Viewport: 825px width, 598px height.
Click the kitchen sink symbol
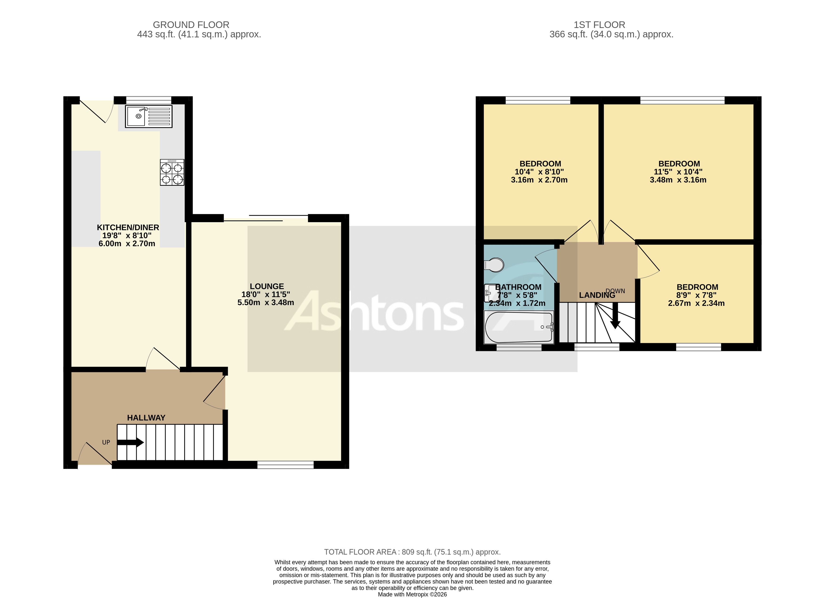[148, 116]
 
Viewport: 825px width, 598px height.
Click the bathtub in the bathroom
[518, 327]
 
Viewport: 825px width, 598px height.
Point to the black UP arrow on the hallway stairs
[130, 442]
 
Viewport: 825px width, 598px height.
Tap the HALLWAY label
[146, 418]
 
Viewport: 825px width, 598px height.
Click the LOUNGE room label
[267, 287]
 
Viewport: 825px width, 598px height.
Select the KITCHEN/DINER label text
[128, 228]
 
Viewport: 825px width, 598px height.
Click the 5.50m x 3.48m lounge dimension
[266, 303]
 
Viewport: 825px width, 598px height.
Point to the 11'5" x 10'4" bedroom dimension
[678, 172]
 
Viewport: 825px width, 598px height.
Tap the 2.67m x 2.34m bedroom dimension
[696, 303]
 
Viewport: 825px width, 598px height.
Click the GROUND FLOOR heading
[191, 25]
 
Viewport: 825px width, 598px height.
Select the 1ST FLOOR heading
[599, 25]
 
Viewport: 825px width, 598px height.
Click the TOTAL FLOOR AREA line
[412, 552]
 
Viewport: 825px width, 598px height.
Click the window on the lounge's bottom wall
[286, 464]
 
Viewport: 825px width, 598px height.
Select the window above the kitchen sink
[148, 100]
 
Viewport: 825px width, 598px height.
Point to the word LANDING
[597, 295]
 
